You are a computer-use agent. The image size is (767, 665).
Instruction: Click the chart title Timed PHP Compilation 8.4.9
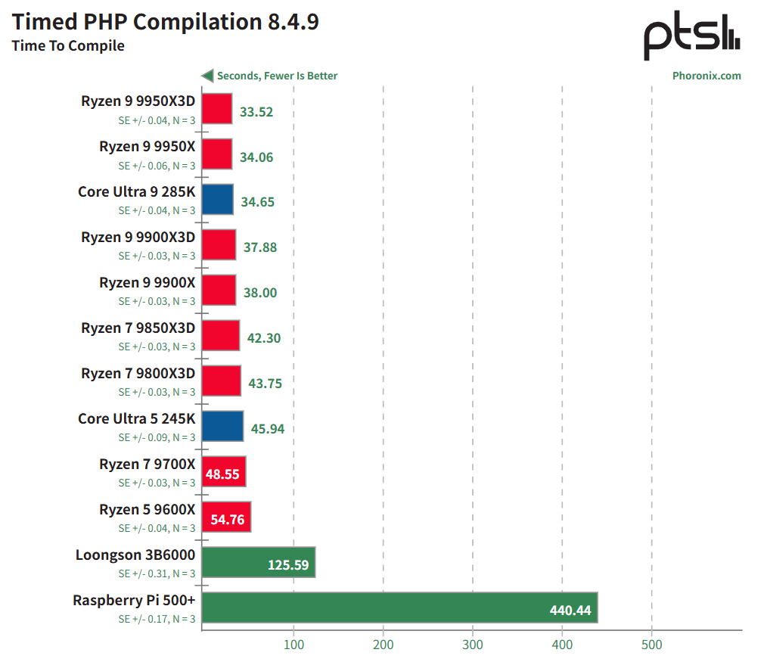coord(165,22)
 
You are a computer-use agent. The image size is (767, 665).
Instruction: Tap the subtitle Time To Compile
coord(68,46)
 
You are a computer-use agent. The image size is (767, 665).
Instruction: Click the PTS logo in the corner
coord(691,38)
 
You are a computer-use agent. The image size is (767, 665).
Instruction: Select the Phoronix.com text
coord(706,76)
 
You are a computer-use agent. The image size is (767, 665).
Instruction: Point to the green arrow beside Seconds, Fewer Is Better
coord(206,76)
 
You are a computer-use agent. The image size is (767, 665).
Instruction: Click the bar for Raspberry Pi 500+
coord(399,608)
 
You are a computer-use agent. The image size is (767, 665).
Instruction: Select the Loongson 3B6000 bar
coord(258,562)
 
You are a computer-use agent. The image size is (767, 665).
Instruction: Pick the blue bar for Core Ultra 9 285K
coord(218,200)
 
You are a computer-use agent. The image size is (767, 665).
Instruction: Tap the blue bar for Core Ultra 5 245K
coord(222,426)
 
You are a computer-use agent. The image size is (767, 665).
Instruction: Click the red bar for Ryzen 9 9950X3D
coord(217,109)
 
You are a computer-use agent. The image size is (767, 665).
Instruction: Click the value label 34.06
coord(256,157)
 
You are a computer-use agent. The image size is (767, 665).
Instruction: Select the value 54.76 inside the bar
coord(227,520)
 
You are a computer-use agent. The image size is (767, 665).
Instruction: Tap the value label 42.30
coord(264,338)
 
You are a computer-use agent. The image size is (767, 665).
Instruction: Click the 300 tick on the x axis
coord(473,645)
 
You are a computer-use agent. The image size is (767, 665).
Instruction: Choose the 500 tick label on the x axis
coord(651,645)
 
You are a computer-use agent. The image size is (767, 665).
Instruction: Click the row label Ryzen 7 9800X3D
coord(138,373)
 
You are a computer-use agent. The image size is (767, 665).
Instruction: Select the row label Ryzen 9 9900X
coord(147,282)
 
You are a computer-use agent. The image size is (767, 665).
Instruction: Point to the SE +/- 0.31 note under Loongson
coord(157,573)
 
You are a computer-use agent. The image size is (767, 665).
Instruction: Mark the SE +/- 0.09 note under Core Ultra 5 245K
coord(157,437)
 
